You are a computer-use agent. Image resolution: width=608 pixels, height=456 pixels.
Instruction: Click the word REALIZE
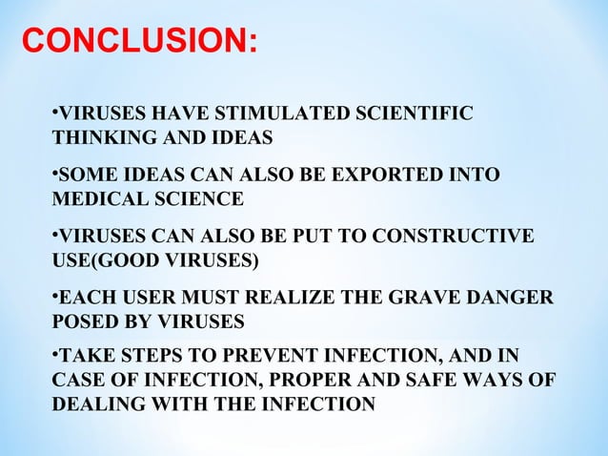(324, 300)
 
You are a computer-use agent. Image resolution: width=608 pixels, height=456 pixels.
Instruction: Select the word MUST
(221, 300)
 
